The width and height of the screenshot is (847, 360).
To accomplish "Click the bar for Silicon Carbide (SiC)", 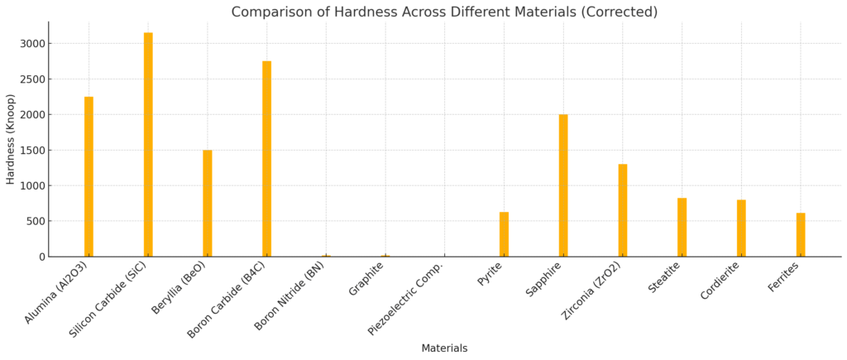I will point(148,145).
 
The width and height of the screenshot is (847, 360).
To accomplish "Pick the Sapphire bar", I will point(563,185).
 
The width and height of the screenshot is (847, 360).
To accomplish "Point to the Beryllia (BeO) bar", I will point(208,203).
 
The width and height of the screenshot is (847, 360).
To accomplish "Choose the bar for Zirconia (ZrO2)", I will point(623,210).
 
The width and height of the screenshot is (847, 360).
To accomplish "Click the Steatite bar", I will point(682,228).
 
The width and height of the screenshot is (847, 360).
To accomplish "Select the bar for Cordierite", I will point(741,228).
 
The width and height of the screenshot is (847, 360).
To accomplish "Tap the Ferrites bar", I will point(801,235).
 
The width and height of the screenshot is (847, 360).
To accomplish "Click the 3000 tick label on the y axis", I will point(33,44).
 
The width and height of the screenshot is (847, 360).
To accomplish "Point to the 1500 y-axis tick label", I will point(33,151).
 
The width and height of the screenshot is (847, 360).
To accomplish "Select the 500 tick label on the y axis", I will point(36,221).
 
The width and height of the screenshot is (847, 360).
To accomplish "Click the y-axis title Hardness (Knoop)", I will point(11,139).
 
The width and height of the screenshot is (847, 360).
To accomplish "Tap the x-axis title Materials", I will point(444,348).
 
